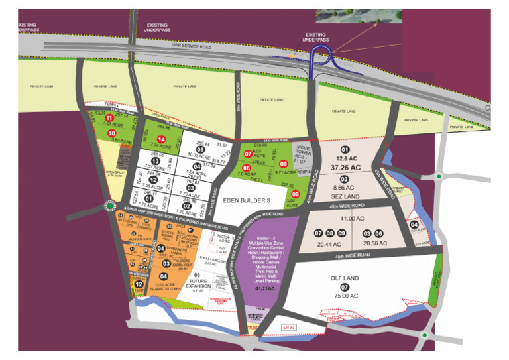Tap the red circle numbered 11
pyautogui.click(x=109, y=118)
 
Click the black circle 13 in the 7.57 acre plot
pyautogui.click(x=154, y=161)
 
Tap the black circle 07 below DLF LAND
pyautogui.click(x=344, y=287)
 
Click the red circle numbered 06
pyautogui.click(x=246, y=168)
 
